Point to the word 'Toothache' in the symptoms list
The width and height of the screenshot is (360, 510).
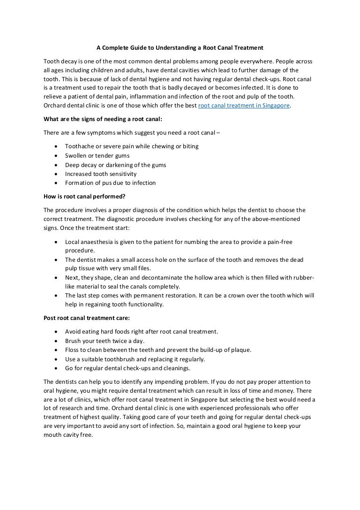tap(79, 146)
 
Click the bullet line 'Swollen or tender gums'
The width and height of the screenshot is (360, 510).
tap(97, 155)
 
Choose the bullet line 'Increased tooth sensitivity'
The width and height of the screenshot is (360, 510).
tap(101, 174)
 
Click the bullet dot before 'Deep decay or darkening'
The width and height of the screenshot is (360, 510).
tap(56, 165)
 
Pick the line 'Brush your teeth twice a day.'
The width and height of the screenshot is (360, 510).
tap(105, 341)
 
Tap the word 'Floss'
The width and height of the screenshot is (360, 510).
tap(72, 350)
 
